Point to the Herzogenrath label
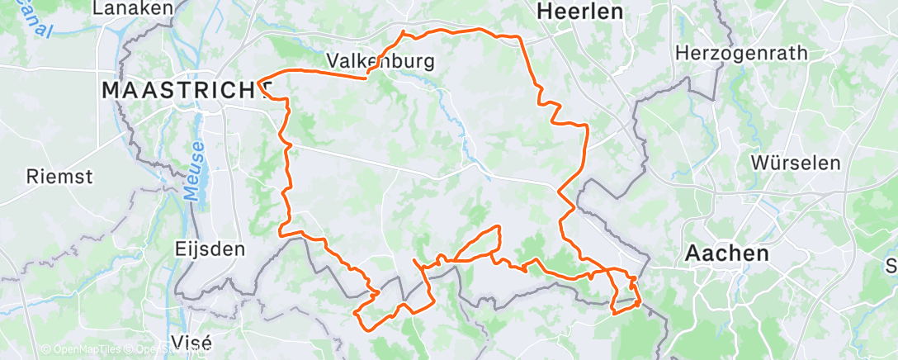tap(740, 53)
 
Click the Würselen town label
tap(796, 163)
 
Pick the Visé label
tap(190, 341)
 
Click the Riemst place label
tap(59, 176)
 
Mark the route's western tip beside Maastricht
tap(259, 82)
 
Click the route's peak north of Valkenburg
tap(403, 32)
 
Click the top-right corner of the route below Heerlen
tap(518, 37)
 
